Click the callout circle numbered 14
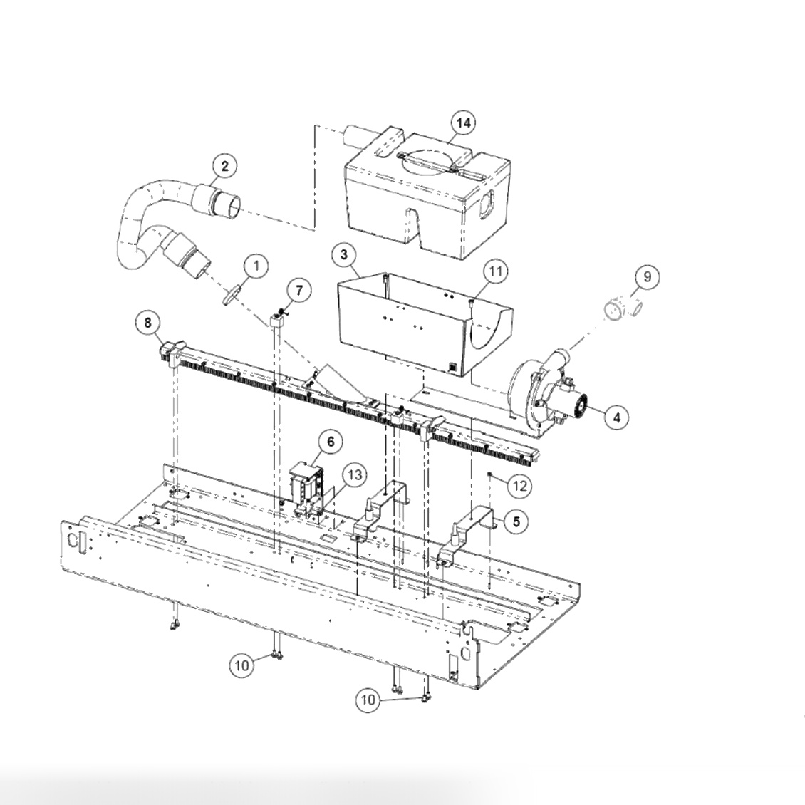463,123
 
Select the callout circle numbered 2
224,167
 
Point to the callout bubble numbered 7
298,290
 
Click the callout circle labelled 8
148,323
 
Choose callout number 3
344,254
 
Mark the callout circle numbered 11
495,271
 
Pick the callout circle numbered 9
646,276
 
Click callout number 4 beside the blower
616,417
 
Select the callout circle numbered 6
331,442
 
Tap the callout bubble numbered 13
354,474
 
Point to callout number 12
519,486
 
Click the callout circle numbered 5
515,521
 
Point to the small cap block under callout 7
277,320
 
